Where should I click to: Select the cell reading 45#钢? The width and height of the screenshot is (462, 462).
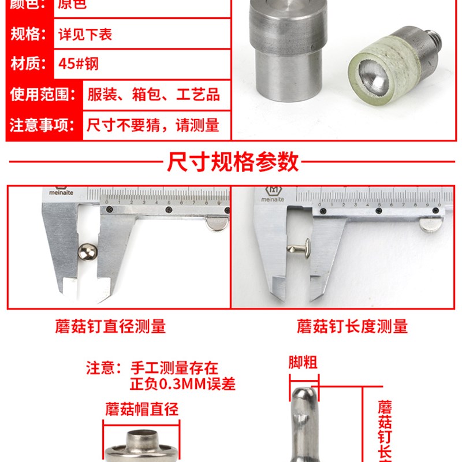pyautogui.click(x=79, y=63)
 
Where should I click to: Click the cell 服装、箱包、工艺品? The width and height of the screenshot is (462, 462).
pyautogui.click(x=153, y=94)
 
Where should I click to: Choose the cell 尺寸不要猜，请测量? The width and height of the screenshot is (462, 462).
pyautogui.click(x=153, y=125)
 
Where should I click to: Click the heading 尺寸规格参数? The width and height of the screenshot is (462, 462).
pyautogui.click(x=233, y=162)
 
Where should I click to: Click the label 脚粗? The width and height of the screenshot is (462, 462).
pyautogui.click(x=303, y=363)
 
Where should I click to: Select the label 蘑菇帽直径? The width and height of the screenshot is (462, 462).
pyautogui.click(x=141, y=410)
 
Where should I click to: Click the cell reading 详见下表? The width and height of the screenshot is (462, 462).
pyautogui.click(x=85, y=34)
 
